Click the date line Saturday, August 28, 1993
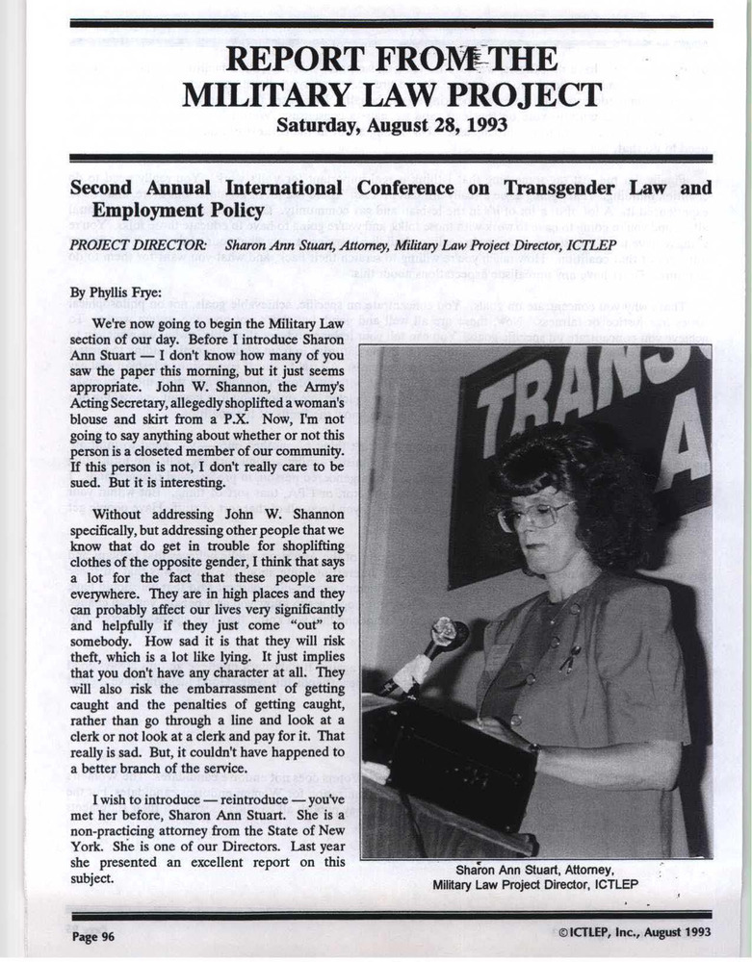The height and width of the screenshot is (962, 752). coord(392,125)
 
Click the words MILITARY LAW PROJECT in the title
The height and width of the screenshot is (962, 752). coord(392,95)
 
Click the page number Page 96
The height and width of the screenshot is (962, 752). coord(93,934)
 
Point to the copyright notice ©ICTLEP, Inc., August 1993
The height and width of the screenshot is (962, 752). coord(634,933)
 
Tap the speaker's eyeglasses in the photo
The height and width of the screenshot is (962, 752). coord(533,517)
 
